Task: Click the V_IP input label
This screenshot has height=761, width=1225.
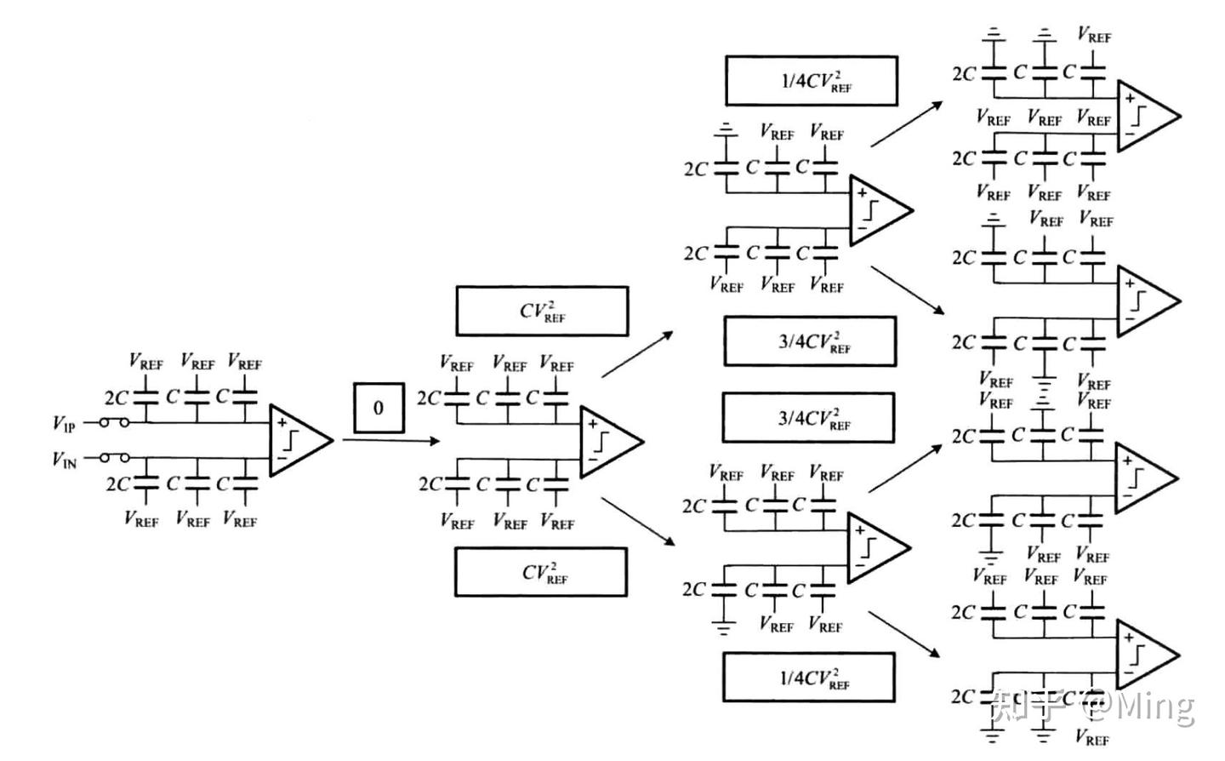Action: [x=64, y=423]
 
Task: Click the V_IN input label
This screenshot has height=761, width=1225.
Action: [x=64, y=460]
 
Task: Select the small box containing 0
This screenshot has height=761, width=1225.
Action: [x=379, y=408]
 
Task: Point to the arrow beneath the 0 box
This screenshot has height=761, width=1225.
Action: [x=391, y=440]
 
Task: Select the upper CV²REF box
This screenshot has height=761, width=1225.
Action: [x=542, y=311]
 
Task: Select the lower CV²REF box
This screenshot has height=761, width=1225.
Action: [x=541, y=572]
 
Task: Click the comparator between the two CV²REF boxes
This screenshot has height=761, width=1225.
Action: [x=609, y=441]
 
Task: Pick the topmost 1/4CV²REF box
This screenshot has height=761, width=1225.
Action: [x=811, y=81]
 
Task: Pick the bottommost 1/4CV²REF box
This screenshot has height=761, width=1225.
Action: [x=808, y=678]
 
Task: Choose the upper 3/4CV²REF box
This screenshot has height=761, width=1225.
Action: [x=810, y=341]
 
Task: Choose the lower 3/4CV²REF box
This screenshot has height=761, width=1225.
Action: [x=808, y=418]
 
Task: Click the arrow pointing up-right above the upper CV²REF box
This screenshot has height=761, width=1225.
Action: [x=637, y=354]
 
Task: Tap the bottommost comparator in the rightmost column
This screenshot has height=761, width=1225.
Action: [x=1145, y=655]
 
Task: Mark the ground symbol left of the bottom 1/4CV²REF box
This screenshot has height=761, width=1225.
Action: [x=722, y=628]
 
